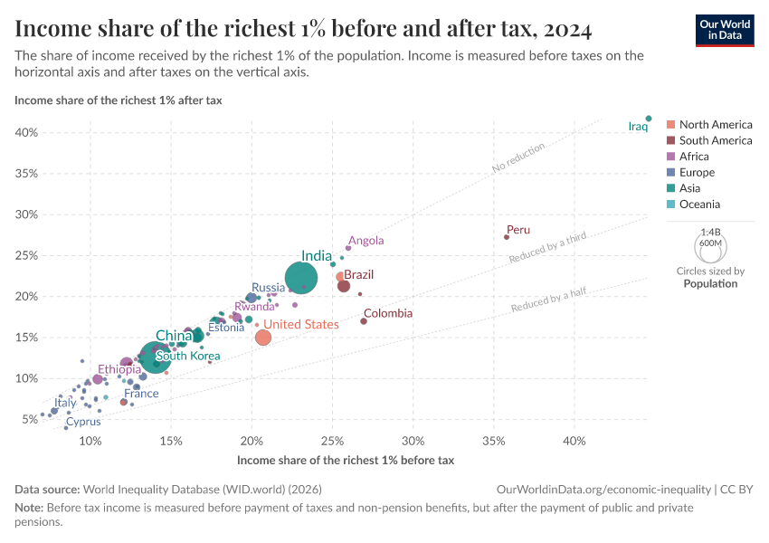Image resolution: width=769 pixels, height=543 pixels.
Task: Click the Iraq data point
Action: point(649,119)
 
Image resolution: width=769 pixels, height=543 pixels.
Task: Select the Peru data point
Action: point(507,237)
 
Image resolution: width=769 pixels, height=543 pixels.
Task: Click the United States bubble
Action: point(263,338)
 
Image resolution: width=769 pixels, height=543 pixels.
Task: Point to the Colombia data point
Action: point(364,321)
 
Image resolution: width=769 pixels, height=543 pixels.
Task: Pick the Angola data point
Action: point(348,248)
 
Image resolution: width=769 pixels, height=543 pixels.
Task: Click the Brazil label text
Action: point(358,274)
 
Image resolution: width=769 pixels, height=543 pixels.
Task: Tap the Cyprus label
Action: point(82,422)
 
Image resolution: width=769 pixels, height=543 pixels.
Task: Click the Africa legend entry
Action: point(694,157)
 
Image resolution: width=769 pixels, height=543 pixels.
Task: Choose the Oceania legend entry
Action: point(699,205)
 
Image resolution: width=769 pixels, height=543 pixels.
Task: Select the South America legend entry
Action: point(715,140)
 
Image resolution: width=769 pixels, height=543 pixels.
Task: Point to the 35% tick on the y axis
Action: point(25,174)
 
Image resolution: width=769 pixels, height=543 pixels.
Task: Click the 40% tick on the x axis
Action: point(574,441)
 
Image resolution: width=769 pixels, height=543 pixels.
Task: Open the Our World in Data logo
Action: point(724,30)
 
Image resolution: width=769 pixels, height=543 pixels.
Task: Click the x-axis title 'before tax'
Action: point(345,461)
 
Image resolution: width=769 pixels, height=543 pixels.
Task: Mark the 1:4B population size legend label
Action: point(710,233)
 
